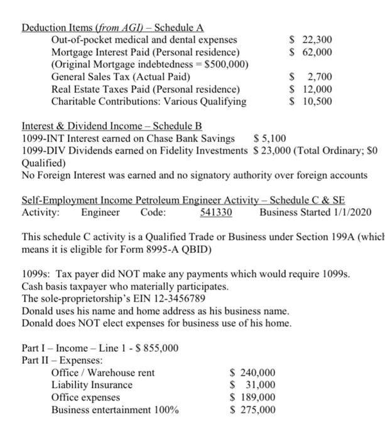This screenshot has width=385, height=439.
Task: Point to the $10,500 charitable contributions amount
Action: [x=311, y=102]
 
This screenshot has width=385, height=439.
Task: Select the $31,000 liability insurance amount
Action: [x=254, y=385]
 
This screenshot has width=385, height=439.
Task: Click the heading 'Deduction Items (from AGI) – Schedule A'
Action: [x=113, y=28]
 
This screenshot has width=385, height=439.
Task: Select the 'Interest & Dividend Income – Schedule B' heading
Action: [x=112, y=126]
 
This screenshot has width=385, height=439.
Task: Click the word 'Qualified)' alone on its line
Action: [x=43, y=162]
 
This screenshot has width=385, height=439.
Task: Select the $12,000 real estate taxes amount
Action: [x=311, y=89]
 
